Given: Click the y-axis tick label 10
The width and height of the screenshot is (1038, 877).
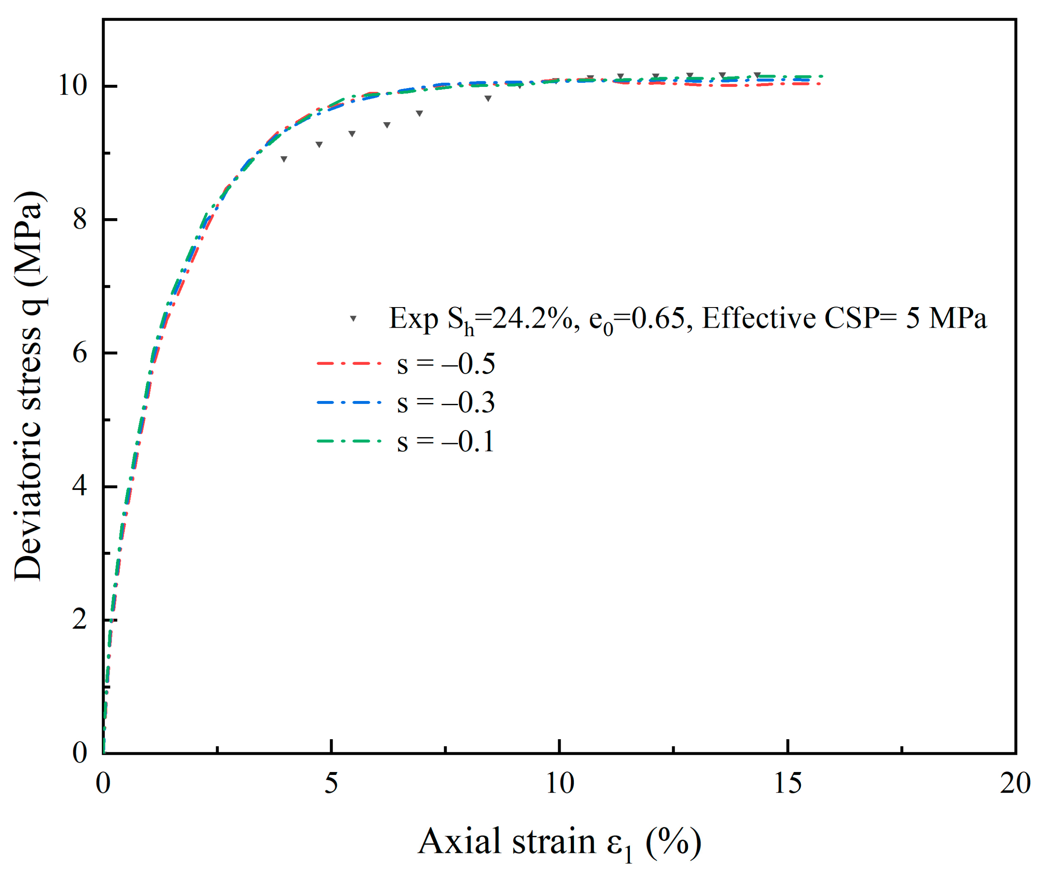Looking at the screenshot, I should pyautogui.click(x=73, y=86).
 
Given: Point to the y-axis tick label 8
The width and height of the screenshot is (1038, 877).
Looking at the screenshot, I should pyautogui.click(x=80, y=219).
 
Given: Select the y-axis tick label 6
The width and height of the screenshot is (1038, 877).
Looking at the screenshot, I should pyautogui.click(x=80, y=353).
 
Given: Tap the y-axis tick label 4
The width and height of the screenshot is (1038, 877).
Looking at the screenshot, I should pyautogui.click(x=80, y=486).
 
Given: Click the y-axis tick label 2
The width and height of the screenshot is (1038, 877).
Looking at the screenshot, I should pyautogui.click(x=80, y=620).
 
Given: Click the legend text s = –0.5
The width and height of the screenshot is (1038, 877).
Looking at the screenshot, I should pyautogui.click(x=446, y=364).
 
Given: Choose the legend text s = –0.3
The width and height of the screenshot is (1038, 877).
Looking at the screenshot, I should pyautogui.click(x=446, y=403).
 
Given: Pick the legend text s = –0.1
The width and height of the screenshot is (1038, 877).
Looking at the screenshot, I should pyautogui.click(x=446, y=442).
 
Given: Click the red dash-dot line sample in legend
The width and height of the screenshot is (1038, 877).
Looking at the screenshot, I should pyautogui.click(x=349, y=363).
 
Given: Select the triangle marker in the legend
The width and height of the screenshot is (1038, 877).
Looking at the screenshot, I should pyautogui.click(x=353, y=319).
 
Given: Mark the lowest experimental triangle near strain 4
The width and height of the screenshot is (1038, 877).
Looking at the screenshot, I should pyautogui.click(x=284, y=159).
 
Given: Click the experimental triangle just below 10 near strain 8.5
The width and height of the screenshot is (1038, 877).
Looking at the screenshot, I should pyautogui.click(x=488, y=98).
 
